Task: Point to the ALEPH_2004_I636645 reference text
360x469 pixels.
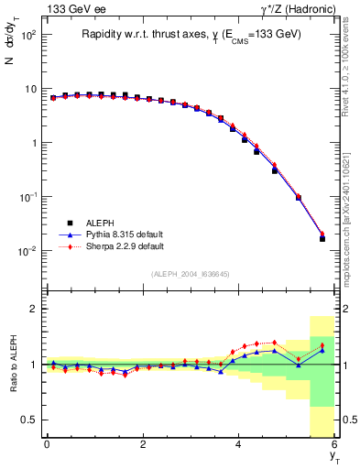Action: point(190,275)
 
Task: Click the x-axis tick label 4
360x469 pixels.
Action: point(239,444)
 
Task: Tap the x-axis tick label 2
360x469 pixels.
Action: point(143,444)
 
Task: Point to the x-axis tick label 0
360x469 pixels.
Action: point(47,444)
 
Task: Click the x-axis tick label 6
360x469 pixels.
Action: point(334,444)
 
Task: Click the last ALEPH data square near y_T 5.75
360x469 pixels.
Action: point(322,239)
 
